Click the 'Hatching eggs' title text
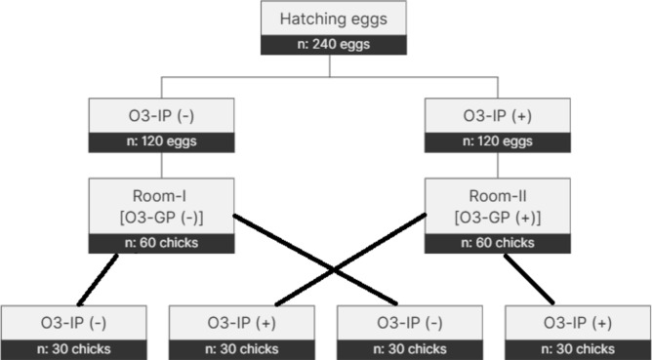[334, 20]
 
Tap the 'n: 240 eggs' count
[334, 44]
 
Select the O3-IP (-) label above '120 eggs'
[161, 116]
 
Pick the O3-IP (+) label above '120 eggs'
[498, 116]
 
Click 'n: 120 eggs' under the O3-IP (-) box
[161, 141]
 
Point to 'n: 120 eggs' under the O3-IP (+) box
[498, 141]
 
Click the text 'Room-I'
[159, 196]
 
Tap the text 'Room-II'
[498, 196]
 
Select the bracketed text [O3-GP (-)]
[161, 218]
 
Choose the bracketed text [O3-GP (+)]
[498, 218]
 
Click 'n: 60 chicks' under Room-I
[161, 243]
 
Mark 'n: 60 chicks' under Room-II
[498, 243]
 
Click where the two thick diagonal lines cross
[334, 270]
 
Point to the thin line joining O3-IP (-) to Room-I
[161, 166]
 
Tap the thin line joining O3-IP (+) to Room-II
[498, 166]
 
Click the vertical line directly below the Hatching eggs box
[330, 65]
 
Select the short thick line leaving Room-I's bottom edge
[98, 280]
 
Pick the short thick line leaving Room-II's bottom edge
[529, 279]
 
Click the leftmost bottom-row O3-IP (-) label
[73, 323]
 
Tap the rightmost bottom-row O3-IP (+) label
[578, 323]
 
